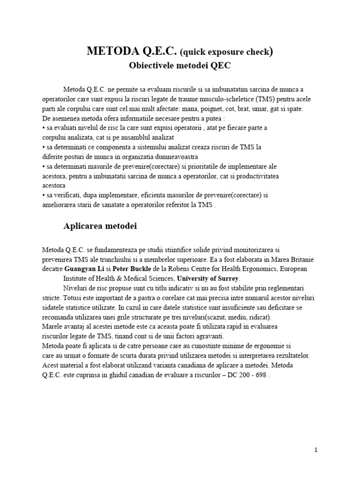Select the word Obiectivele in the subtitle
point(150,66)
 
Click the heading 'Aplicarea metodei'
point(100,226)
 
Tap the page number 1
point(316,450)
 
